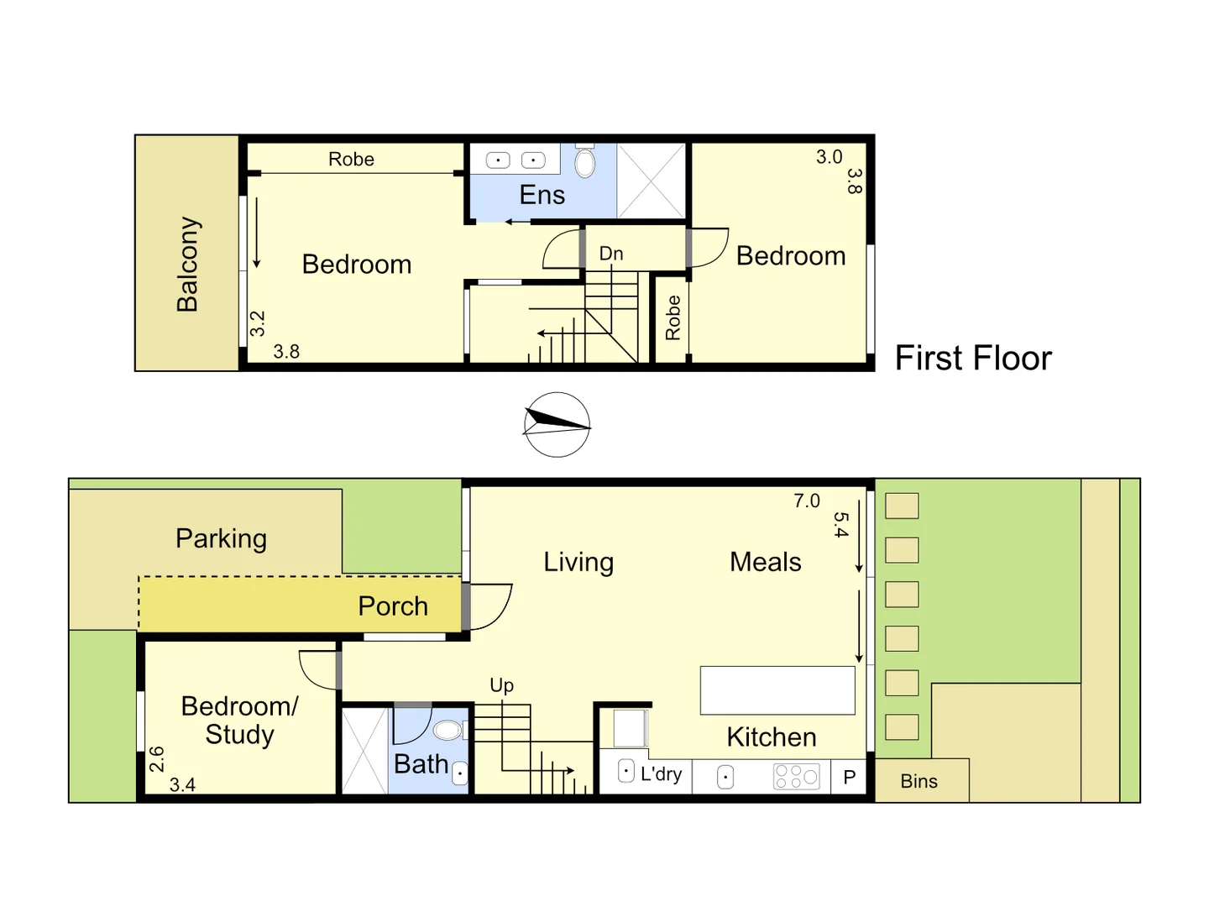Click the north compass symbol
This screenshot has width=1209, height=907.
click(557, 425)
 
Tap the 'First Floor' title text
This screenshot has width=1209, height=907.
click(972, 359)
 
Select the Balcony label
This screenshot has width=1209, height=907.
click(188, 264)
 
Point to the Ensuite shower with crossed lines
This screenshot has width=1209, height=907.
click(652, 181)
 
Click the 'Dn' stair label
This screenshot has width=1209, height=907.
click(611, 254)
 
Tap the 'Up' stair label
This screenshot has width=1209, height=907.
click(501, 685)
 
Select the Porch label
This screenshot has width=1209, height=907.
click(392, 606)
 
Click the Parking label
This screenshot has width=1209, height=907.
click(221, 538)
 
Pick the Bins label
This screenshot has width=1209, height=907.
click(919, 781)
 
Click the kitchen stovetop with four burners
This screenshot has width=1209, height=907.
click(796, 777)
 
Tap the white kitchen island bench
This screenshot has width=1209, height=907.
click(777, 690)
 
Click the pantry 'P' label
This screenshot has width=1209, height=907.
click(850, 778)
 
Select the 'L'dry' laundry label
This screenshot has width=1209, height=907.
click(661, 774)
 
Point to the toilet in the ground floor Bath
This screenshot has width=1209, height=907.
click(448, 730)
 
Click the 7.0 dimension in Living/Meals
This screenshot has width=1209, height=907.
click(806, 501)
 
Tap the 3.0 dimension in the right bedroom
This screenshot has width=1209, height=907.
click(829, 157)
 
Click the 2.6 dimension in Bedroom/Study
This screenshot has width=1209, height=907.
click(157, 759)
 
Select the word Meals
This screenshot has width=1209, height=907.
click(765, 562)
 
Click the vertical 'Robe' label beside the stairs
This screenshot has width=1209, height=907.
click(673, 317)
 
